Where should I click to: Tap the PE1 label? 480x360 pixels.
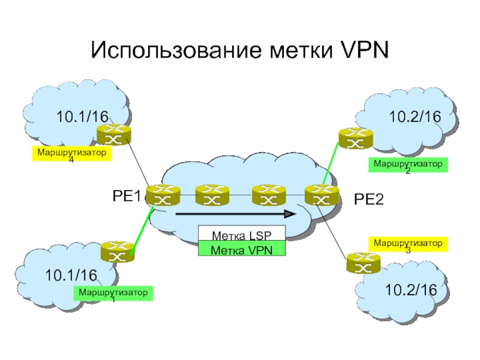pos(127,196)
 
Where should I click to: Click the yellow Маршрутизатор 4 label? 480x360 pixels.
pos(72,155)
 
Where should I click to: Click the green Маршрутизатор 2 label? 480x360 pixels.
pos(408,165)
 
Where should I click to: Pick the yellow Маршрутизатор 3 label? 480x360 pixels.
pos(408,244)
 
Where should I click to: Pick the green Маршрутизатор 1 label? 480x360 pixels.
pos(113,294)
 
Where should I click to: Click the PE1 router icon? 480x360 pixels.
pos(162,195)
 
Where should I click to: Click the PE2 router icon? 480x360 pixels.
pos(318,195)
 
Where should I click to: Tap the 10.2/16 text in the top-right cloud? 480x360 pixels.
pos(414,118)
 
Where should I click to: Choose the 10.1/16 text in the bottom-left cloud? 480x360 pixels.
pos(71,275)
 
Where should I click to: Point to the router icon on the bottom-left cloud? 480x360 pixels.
pos(117,252)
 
